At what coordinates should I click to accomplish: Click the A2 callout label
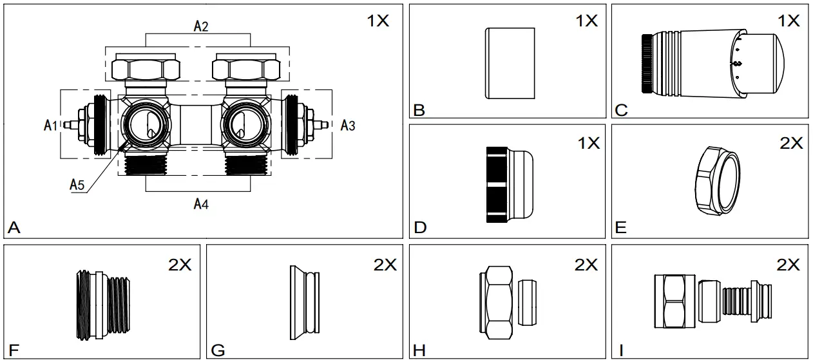point(201,26)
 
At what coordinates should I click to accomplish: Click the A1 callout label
point(50,126)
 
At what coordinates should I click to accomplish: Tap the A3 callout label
point(348,126)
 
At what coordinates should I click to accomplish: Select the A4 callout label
point(201,204)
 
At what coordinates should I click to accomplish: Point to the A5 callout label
point(77,185)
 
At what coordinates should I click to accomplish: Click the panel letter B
point(419,110)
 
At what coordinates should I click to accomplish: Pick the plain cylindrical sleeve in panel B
point(510,63)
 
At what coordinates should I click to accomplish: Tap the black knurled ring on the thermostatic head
point(647,64)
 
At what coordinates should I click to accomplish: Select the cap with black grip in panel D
point(510,184)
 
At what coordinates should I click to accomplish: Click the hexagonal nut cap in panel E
point(718,180)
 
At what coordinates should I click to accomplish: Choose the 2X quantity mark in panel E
point(791,144)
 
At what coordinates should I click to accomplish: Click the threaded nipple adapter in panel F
point(103,305)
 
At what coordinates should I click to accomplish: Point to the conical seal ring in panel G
point(305,303)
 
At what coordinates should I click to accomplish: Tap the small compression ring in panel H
point(527,302)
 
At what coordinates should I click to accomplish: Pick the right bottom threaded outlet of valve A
point(246,165)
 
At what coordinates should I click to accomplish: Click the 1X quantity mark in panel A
point(378,21)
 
